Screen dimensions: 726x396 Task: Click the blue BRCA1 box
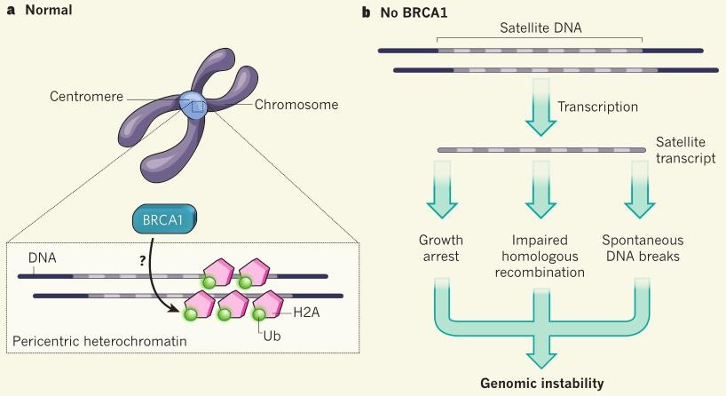(x=165, y=218)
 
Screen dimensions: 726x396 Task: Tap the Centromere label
(x=87, y=97)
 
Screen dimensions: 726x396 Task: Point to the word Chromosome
(x=296, y=105)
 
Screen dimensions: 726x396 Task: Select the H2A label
(x=306, y=313)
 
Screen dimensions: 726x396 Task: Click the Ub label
(x=272, y=336)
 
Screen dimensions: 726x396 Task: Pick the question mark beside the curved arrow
(x=143, y=261)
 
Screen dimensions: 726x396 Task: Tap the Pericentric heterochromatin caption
(x=99, y=341)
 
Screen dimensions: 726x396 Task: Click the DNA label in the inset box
(x=42, y=257)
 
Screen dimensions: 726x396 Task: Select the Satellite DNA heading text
(x=541, y=28)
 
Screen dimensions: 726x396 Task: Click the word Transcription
(x=597, y=107)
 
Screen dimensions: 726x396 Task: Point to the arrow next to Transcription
(x=541, y=107)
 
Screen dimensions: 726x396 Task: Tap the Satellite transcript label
(x=685, y=150)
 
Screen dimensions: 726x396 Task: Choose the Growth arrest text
(x=441, y=249)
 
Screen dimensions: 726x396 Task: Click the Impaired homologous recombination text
(x=540, y=256)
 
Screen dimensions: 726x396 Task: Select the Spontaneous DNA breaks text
(x=643, y=249)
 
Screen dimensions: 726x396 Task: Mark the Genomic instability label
(x=542, y=384)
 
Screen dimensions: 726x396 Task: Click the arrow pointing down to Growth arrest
(x=442, y=190)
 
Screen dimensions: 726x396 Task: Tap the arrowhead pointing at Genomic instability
(x=541, y=360)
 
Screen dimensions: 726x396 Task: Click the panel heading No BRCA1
(x=414, y=12)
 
